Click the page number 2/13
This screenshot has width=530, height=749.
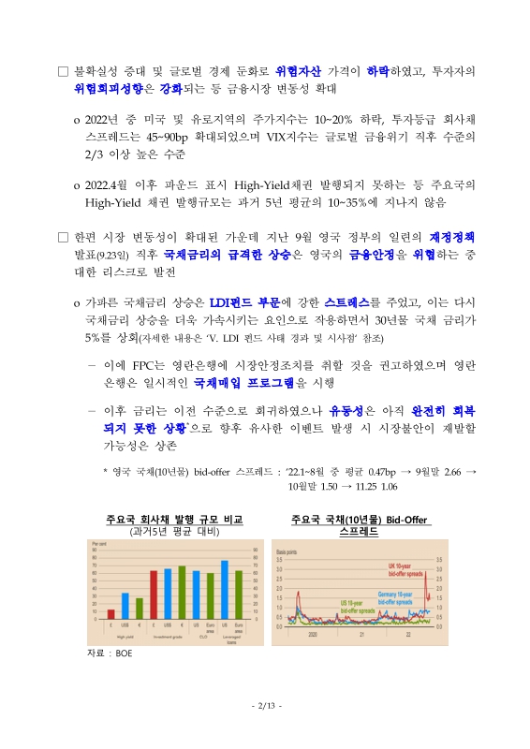tap(266, 705)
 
